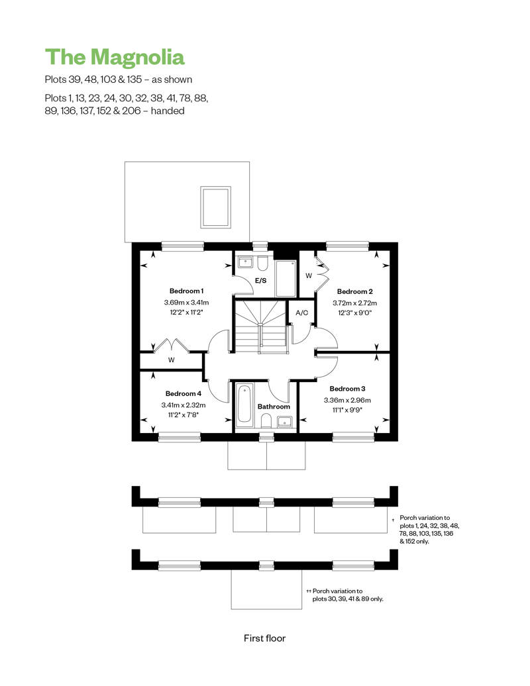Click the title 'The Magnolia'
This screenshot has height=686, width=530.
[x=115, y=58]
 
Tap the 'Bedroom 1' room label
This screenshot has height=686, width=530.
[x=186, y=291]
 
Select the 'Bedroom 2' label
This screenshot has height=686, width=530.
[x=355, y=291]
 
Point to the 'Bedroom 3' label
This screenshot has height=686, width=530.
[x=348, y=389]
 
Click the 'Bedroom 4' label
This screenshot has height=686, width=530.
[x=184, y=394]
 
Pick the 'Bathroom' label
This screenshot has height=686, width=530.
[x=274, y=407]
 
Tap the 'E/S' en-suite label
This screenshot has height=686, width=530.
[x=261, y=281]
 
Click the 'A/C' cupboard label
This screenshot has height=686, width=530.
[x=302, y=313]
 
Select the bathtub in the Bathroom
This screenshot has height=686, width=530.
[x=244, y=405]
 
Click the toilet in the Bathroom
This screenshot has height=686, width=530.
[x=266, y=421]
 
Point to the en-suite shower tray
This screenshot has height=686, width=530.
[x=286, y=278]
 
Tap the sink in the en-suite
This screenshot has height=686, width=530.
[x=245, y=262]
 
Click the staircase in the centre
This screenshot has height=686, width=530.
[x=261, y=326]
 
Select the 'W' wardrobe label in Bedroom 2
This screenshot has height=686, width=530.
[x=309, y=275]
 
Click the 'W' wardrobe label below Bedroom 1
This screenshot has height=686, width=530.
[x=171, y=360]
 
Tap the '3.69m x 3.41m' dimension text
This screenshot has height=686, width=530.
[x=186, y=303]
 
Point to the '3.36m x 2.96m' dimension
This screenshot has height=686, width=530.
[x=348, y=400]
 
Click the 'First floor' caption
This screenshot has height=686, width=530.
[x=265, y=638]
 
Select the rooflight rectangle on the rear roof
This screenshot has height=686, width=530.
[x=216, y=207]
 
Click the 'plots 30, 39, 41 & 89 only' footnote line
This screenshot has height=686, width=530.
[x=348, y=599]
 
